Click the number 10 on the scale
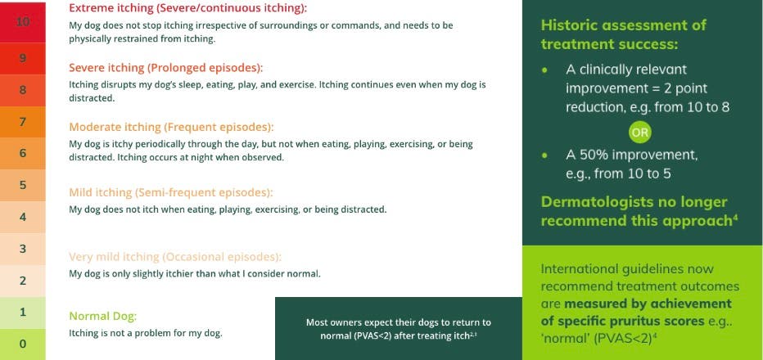[23, 22]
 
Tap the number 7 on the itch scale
[23, 122]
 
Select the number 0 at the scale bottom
[23, 344]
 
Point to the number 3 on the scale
[23, 248]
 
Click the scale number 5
[23, 185]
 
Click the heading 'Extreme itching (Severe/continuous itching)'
[187, 8]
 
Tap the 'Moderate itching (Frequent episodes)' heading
[170, 128]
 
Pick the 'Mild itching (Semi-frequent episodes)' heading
[170, 192]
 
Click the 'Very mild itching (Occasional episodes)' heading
[175, 256]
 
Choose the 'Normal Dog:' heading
[102, 316]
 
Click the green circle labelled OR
[640, 131]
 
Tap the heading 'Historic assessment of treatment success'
[623, 34]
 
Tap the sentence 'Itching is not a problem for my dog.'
[145, 333]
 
